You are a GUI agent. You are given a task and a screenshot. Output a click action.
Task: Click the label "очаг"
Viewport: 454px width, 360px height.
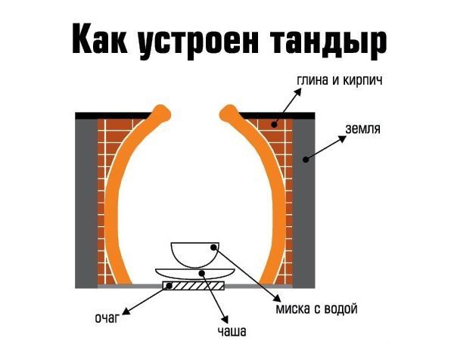(106, 317)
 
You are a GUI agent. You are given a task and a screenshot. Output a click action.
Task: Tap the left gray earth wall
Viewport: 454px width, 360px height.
(87, 200)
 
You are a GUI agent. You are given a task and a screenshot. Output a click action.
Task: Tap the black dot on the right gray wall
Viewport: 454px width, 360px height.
(304, 159)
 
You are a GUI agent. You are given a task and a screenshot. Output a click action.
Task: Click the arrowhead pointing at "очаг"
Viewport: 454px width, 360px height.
(126, 309)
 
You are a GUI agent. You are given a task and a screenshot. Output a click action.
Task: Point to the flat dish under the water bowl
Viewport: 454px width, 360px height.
(194, 270)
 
